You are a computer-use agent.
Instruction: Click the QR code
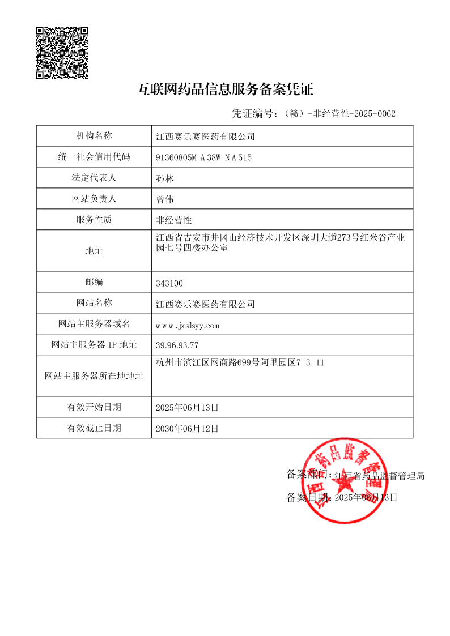(x=62, y=53)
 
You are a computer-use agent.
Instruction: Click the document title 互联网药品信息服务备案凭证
(x=225, y=89)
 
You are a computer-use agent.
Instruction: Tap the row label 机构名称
(x=94, y=136)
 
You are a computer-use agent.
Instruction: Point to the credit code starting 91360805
(x=203, y=157)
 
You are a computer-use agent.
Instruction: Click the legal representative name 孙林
(x=164, y=178)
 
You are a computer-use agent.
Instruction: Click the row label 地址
(x=94, y=250)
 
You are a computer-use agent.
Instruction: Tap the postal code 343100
(x=169, y=283)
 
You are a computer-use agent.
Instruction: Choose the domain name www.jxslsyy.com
(x=187, y=326)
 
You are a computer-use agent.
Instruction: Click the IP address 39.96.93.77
(x=177, y=345)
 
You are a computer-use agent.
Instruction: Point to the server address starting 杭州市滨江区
(x=240, y=362)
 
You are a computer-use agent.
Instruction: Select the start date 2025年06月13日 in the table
(x=187, y=407)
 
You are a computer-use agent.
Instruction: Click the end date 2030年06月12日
(x=187, y=428)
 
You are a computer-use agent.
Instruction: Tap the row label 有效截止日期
(x=94, y=428)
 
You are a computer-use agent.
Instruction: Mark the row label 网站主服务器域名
(x=94, y=324)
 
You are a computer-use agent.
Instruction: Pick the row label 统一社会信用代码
(x=94, y=157)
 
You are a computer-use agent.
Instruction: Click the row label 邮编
(x=94, y=282)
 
